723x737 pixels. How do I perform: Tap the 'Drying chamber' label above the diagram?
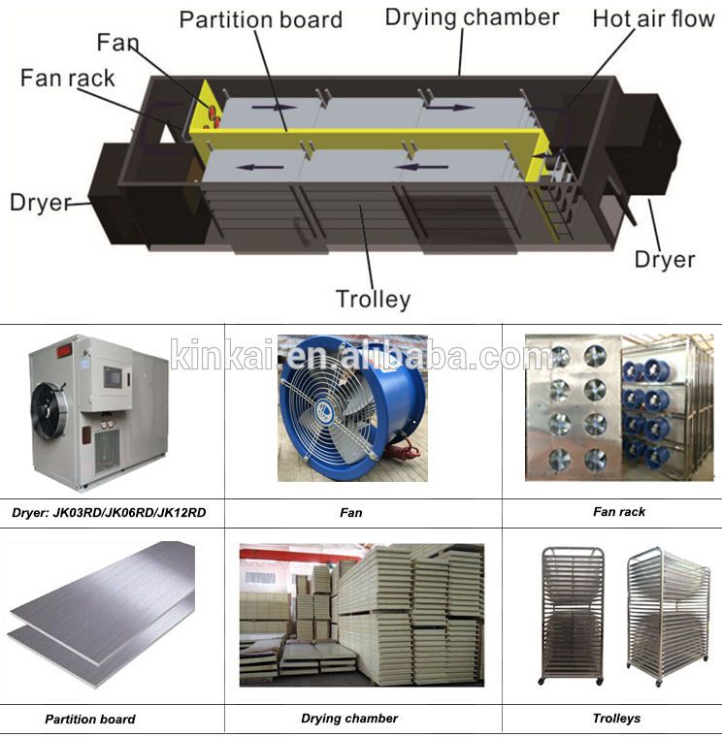tap(472, 17)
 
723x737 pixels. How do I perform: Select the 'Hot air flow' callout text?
tap(653, 18)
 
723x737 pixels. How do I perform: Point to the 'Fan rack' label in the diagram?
tap(67, 79)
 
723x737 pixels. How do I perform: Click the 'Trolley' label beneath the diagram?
tap(373, 299)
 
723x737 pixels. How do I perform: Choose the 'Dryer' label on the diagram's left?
tap(41, 203)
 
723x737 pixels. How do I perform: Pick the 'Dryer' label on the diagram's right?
tap(665, 259)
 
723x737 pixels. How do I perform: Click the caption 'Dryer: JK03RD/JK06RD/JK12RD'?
tap(109, 512)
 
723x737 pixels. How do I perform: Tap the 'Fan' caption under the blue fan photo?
tap(351, 512)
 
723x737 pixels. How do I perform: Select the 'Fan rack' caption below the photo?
tap(618, 511)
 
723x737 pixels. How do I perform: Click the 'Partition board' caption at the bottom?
tap(90, 720)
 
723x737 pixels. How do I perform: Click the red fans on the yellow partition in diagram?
tap(211, 113)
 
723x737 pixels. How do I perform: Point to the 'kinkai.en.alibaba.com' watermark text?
tap(361, 355)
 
